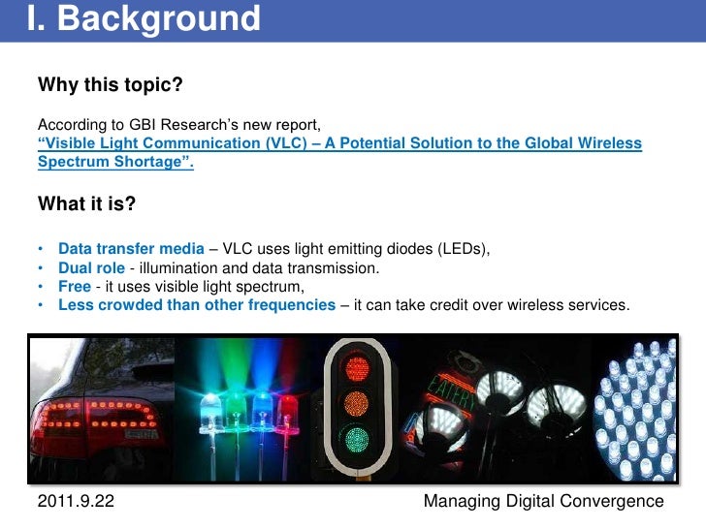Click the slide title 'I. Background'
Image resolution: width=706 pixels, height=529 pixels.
[x=143, y=18]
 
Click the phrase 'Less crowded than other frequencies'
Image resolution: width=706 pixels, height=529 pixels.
[x=197, y=305]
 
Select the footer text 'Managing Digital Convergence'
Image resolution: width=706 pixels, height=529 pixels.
[x=544, y=501]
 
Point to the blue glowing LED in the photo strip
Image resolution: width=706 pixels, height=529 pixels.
[x=209, y=397]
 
